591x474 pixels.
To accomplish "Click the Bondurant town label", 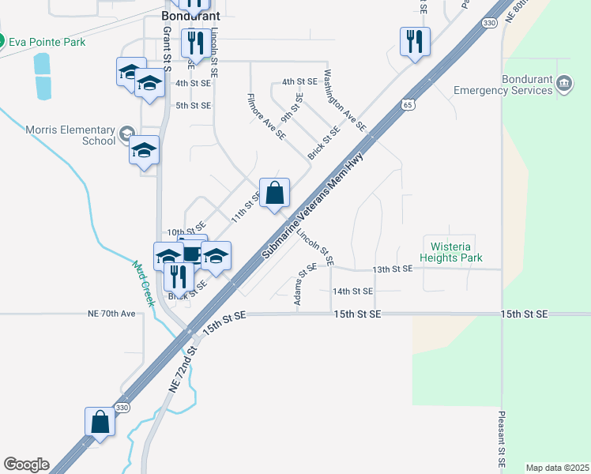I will pos(190,15).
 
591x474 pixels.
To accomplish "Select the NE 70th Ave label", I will pos(112,314).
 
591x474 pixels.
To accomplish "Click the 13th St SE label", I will pos(393,269).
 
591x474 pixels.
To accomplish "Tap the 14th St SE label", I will pos(352,292).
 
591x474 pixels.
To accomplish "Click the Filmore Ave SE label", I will pos(266,118).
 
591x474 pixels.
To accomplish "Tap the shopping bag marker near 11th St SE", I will pos(274,193).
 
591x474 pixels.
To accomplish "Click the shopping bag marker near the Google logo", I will pos(100,421).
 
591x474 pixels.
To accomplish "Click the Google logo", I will pos(26,465).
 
